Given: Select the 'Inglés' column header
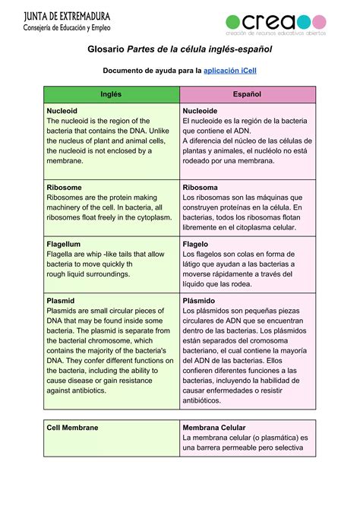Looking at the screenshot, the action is pyautogui.click(x=110, y=94).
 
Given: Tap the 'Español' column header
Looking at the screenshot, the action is pyautogui.click(x=247, y=94).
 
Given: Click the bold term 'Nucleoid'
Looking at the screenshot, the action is pyautogui.click(x=62, y=110).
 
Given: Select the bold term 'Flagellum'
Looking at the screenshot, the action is pyautogui.click(x=64, y=244).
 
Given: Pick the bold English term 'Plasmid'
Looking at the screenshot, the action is pyautogui.click(x=61, y=301).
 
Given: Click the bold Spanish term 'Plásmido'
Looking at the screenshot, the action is pyautogui.click(x=199, y=301).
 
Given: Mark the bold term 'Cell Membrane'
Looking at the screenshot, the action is pyautogui.click(x=73, y=428).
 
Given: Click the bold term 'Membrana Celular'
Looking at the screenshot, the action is pyautogui.click(x=219, y=428).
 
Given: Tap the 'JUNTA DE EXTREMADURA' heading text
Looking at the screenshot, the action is pyautogui.click(x=67, y=16).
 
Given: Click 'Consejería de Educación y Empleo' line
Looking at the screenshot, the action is pyautogui.click(x=67, y=28).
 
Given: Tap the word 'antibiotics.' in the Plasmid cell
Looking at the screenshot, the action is pyautogui.click(x=69, y=390).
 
